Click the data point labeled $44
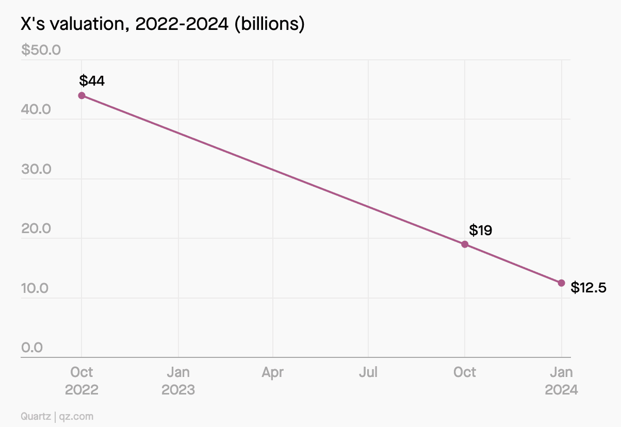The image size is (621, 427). [81, 95]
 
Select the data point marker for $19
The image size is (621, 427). [465, 244]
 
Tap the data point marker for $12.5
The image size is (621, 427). [561, 283]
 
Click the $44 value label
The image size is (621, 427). [92, 81]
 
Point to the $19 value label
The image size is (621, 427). [480, 230]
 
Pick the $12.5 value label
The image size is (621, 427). [589, 288]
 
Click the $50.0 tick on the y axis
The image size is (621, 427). [41, 50]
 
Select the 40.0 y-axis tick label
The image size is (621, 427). [36, 110]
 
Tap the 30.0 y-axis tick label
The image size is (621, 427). [36, 169]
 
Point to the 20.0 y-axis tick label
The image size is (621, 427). [36, 228]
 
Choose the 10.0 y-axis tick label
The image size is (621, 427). [35, 288]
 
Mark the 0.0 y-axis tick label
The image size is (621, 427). [32, 348]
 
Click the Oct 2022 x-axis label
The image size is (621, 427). [81, 381]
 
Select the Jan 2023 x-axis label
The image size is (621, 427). [178, 381]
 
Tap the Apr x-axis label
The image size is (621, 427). [272, 372]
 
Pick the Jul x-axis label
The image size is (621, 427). [368, 372]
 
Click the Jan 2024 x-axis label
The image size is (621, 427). [561, 381]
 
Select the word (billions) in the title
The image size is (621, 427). [269, 24]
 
